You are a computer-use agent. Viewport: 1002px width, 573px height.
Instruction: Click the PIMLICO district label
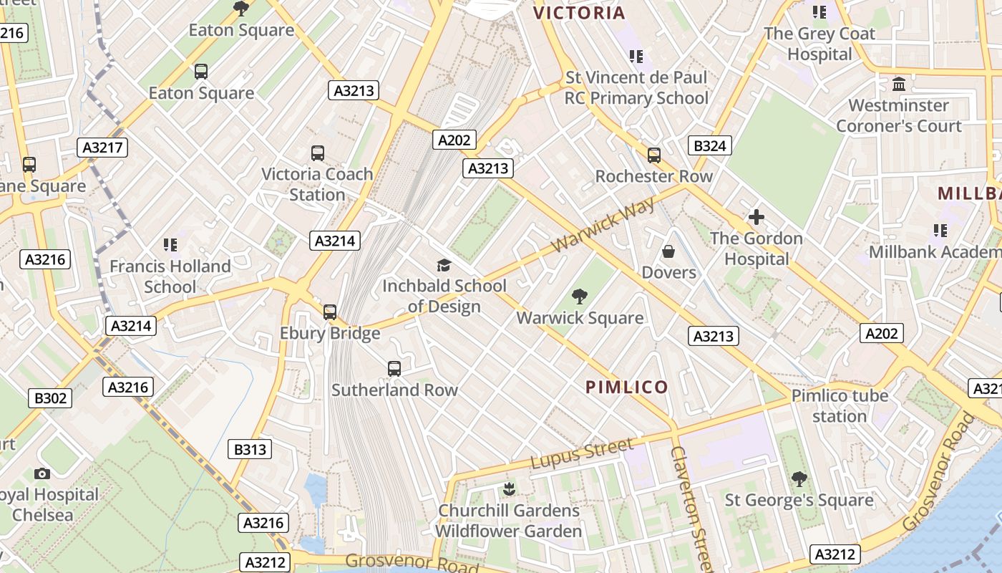coord(627,387)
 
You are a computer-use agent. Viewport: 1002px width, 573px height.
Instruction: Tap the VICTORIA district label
coord(579,12)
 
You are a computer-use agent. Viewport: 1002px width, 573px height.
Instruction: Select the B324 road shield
coord(709,146)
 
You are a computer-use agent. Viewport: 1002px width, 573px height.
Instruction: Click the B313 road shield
coord(250,450)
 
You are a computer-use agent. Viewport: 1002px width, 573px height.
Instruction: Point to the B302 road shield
coord(50,398)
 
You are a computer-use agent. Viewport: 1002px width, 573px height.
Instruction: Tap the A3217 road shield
coord(102,148)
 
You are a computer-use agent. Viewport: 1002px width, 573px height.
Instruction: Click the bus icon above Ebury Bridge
coord(329,312)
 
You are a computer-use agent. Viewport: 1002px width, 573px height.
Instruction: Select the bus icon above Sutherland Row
coord(394,369)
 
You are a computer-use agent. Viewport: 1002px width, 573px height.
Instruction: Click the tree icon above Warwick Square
coord(580,296)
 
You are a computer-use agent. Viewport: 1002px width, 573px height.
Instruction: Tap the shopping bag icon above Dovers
coord(668,251)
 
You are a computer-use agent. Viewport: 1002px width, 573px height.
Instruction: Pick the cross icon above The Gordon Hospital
coord(756,217)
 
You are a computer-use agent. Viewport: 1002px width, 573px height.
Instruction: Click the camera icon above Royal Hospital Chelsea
coord(42,473)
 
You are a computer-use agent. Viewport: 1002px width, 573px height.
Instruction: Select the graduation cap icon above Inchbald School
coord(444,265)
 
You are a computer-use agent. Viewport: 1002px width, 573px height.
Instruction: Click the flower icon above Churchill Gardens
coord(509,489)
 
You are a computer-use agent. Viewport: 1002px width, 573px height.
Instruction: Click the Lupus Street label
coord(582,454)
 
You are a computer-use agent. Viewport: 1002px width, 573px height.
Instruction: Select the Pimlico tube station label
coord(840,406)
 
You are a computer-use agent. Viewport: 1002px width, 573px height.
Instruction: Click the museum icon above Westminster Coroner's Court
coord(899,85)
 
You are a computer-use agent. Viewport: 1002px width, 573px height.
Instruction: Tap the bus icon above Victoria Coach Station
coord(318,153)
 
